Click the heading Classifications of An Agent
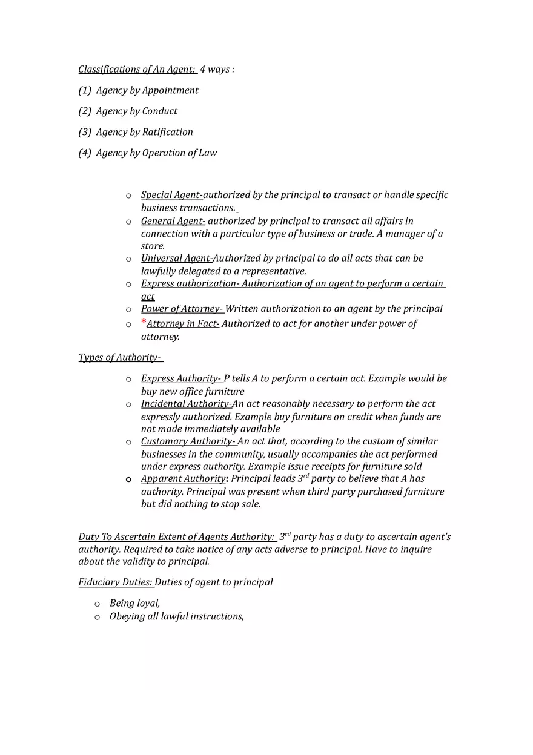[x=136, y=70]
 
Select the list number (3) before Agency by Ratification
[x=85, y=132]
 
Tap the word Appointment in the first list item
[x=170, y=91]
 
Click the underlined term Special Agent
[x=171, y=195]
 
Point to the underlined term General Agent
[x=173, y=221]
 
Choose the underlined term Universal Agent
[x=177, y=259]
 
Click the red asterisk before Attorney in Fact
[x=144, y=322]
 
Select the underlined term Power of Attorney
[x=182, y=309]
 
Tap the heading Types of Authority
[x=119, y=358]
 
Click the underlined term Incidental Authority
[x=186, y=404]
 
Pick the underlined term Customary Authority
[x=188, y=441]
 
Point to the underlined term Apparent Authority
[x=183, y=479]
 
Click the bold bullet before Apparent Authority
[x=128, y=480]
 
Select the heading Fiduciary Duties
[x=115, y=582]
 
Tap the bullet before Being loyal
[x=97, y=604]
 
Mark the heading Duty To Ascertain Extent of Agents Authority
[x=176, y=537]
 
